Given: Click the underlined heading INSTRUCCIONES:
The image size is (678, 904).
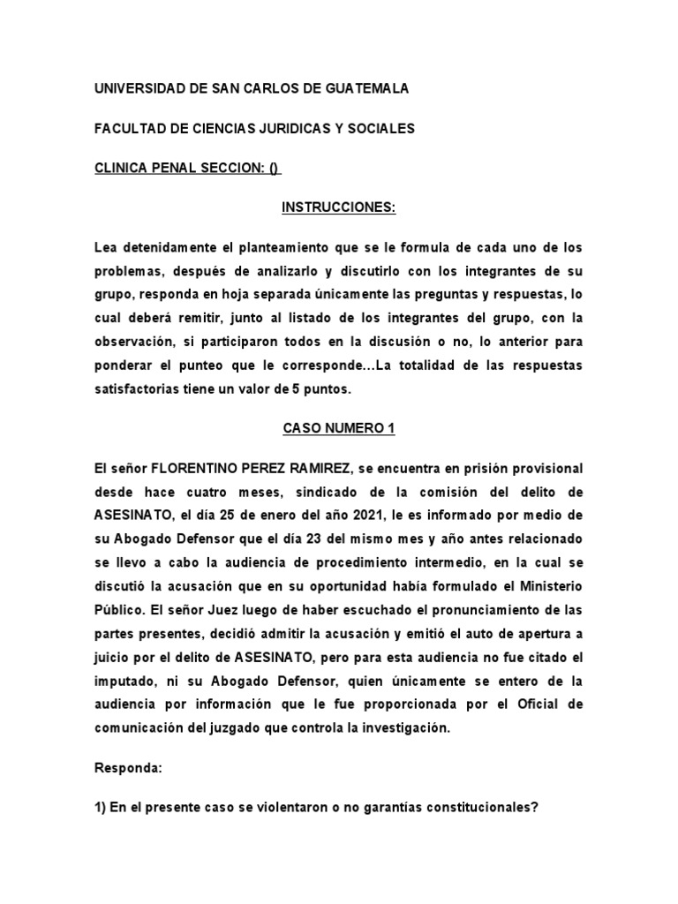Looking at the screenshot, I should pos(339,207).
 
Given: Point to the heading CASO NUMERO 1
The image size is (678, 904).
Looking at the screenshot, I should pos(339,428).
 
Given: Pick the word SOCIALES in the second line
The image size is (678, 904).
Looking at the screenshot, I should pos(383,129).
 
